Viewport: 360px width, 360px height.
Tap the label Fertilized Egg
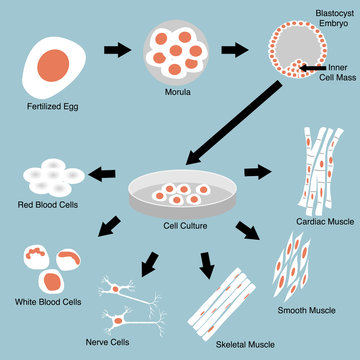50,105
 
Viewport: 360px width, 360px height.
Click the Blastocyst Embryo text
315,19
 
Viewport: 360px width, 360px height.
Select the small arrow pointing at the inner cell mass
311,69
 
